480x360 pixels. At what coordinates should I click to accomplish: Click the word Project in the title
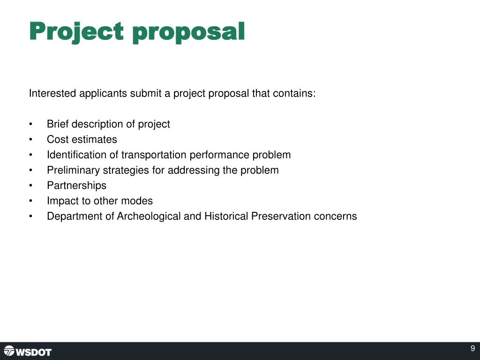pyautogui.click(x=76, y=32)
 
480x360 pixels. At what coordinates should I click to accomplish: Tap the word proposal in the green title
pyautogui.click(x=188, y=32)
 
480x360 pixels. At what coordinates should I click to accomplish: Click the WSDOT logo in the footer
pyautogui.click(x=28, y=351)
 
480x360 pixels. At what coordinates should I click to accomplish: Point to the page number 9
pyautogui.click(x=472, y=348)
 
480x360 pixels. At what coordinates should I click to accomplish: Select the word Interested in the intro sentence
pyautogui.click(x=52, y=93)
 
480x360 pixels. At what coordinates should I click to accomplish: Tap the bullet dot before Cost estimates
pyautogui.click(x=30, y=140)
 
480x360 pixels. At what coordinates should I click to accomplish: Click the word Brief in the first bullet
pyautogui.click(x=58, y=124)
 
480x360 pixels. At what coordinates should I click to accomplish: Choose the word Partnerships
pyautogui.click(x=76, y=186)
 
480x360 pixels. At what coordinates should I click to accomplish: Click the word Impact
pyautogui.click(x=61, y=201)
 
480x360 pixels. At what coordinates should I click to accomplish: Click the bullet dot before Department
pyautogui.click(x=30, y=217)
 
